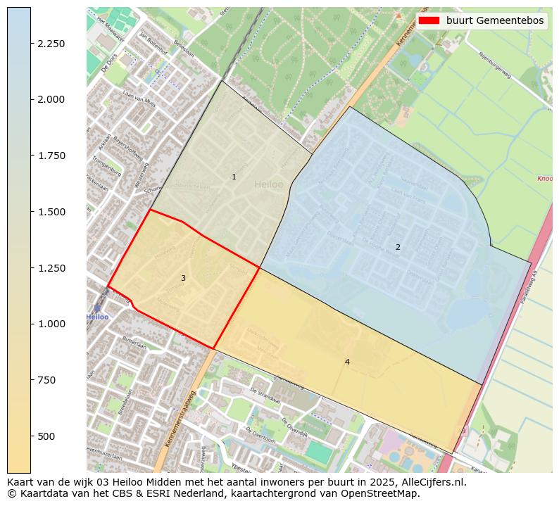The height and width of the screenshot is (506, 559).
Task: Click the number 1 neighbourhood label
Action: coord(234,177)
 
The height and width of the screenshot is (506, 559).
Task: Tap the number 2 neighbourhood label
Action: coord(398,247)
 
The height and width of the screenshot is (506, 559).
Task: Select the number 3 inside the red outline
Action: coord(183,278)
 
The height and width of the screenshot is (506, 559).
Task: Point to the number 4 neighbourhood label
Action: coord(347,362)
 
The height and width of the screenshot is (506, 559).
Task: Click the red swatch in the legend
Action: coord(429,21)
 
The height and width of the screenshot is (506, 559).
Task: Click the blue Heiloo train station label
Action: coord(97,317)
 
